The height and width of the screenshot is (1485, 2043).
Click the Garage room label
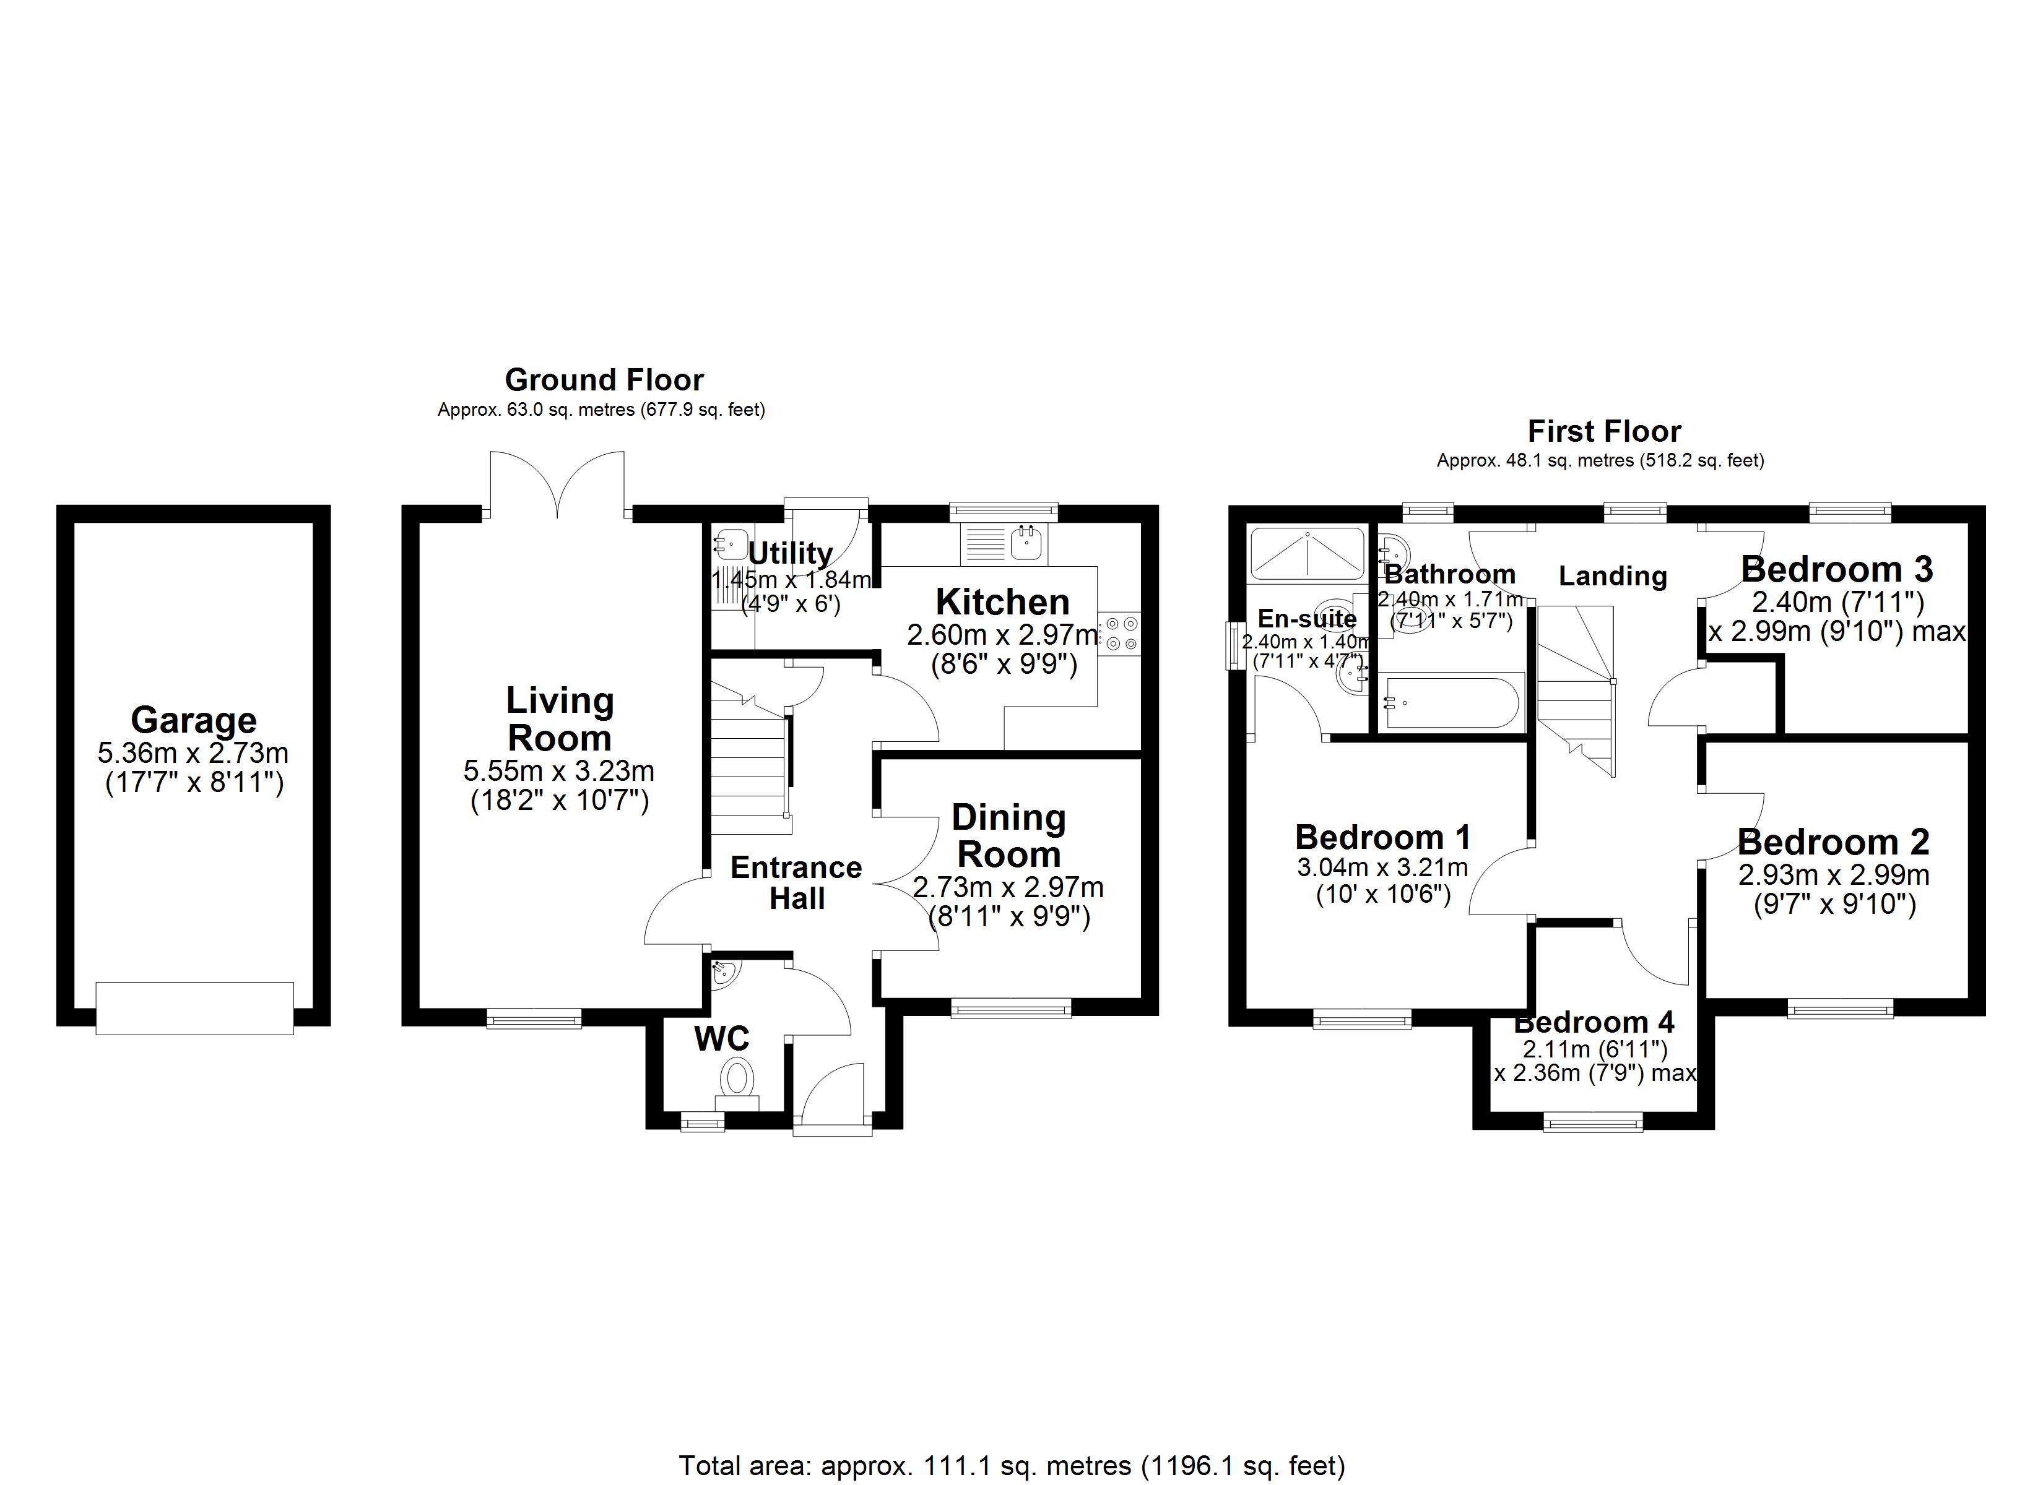[194, 720]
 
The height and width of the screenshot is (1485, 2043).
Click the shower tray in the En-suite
[1307, 553]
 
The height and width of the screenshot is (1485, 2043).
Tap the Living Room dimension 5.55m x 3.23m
[558, 771]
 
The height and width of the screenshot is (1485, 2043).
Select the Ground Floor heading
[604, 380]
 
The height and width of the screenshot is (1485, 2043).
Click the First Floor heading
[1604, 431]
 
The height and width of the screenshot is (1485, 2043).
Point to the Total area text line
[1012, 1465]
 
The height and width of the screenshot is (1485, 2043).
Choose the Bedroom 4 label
[1594, 1023]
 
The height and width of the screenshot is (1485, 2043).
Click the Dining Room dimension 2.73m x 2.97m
[1008, 888]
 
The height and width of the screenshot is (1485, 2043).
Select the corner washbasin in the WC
[723, 973]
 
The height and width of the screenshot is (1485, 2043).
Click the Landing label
[1612, 576]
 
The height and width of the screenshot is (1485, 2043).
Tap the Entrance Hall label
[796, 882]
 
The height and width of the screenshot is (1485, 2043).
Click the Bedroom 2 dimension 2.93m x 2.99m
[1833, 874]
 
